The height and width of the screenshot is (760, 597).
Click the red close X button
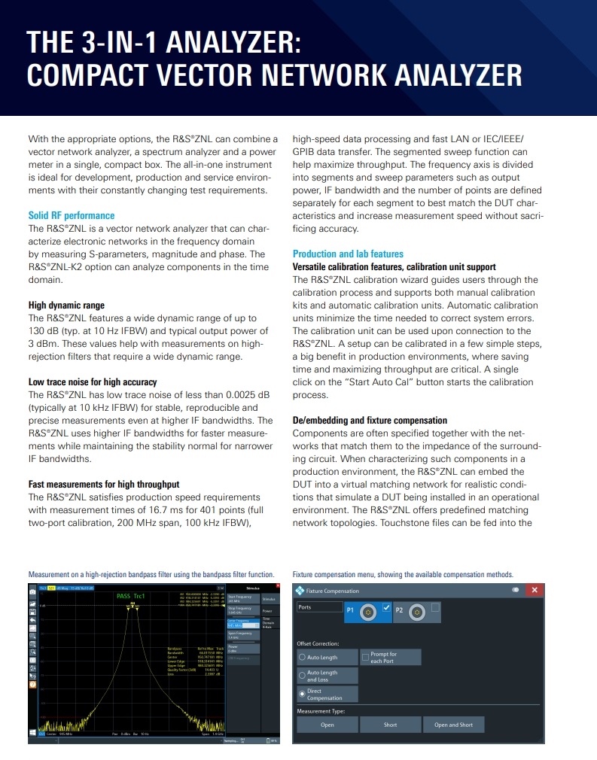[535, 590]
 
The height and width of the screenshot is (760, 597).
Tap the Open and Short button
[453, 725]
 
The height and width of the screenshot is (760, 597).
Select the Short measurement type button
[390, 725]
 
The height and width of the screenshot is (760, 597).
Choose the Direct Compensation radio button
[302, 694]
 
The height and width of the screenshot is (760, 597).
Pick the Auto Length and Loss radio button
[302, 676]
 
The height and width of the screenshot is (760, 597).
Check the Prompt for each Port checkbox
[366, 658]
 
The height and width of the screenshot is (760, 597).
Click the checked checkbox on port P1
[386, 607]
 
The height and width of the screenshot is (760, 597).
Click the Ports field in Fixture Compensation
[319, 607]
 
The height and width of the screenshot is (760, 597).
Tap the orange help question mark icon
[32, 686]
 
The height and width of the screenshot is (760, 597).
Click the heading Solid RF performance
[72, 215]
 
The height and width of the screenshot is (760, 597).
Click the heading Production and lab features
[348, 254]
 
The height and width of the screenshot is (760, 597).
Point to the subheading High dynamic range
[66, 305]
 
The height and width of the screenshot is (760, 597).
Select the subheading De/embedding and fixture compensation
[369, 420]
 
